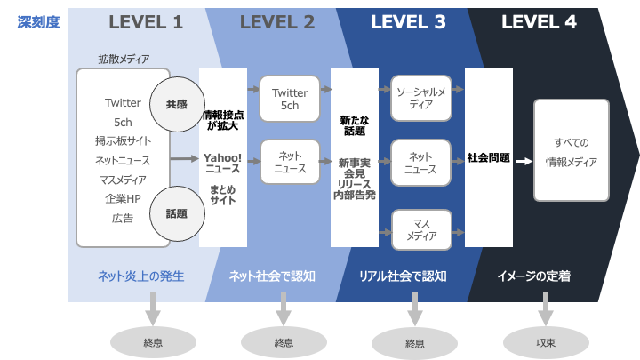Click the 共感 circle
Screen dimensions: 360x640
(x=176, y=104)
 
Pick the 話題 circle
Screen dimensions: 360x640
(x=176, y=213)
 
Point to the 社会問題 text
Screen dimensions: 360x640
(x=488, y=158)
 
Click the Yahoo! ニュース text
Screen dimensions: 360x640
(x=222, y=164)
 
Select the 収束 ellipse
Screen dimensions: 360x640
(x=546, y=342)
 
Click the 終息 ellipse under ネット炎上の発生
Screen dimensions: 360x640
(x=152, y=342)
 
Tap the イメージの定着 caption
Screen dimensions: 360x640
(x=533, y=276)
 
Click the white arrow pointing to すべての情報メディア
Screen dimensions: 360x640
(x=524, y=162)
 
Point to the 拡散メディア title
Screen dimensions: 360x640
(x=124, y=59)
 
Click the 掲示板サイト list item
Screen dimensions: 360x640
(x=123, y=140)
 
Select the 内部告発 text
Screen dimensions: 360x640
(x=354, y=194)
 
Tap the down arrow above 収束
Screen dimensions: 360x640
(x=545, y=312)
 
